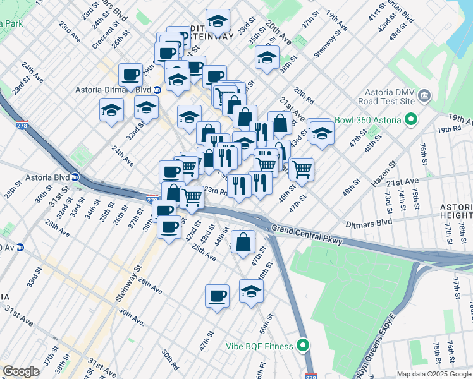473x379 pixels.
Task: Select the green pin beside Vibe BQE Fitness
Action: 304,346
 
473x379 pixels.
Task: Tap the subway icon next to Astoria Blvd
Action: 75,176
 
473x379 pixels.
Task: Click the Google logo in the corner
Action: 21,371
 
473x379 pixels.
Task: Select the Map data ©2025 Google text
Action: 434,374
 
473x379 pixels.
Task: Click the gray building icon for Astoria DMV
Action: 424,95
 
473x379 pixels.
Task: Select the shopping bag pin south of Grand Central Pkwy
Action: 243,242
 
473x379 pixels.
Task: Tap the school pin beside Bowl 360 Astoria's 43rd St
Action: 322,133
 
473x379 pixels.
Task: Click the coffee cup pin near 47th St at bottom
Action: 217,296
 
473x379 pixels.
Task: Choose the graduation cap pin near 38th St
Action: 267,58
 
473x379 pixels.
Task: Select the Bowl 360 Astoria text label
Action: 373,120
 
